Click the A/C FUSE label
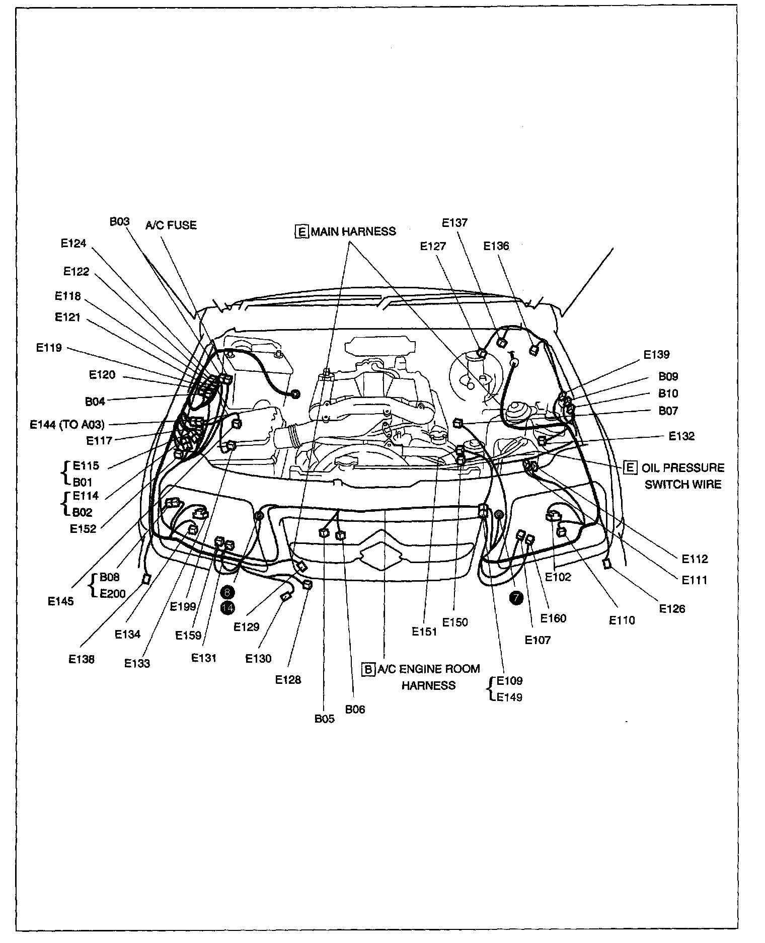171,225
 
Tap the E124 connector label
73,244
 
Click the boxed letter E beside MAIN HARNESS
301,231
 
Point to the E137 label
454,222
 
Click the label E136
496,246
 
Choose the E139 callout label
657,354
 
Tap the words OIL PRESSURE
682,467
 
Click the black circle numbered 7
516,598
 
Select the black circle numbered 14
228,608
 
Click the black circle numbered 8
228,592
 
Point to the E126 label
672,609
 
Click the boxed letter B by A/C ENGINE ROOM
369,669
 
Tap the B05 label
324,719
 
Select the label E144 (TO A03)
67,424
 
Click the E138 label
82,659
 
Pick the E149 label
509,697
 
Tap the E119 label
49,347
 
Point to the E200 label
113,593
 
